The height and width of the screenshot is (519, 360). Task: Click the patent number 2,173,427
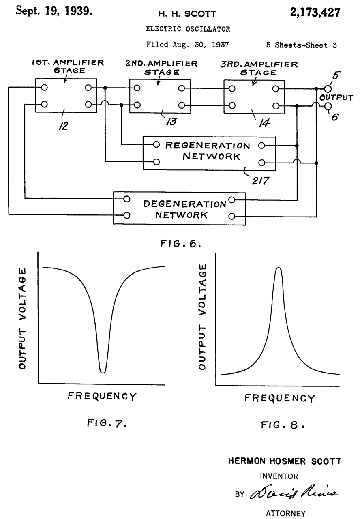pyautogui.click(x=315, y=13)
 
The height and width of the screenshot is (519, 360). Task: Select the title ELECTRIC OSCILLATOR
pyautogui.click(x=188, y=29)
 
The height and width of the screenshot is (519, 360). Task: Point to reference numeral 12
pyautogui.click(x=63, y=126)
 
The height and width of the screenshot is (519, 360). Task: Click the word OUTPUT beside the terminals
pyautogui.click(x=336, y=98)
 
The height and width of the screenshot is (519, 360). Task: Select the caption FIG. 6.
pyautogui.click(x=180, y=244)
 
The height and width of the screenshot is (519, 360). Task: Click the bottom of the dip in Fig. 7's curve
pyautogui.click(x=103, y=371)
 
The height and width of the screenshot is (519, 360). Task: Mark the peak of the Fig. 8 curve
pyautogui.click(x=279, y=268)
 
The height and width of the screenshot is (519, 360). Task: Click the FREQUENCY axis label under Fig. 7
pyautogui.click(x=102, y=396)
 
